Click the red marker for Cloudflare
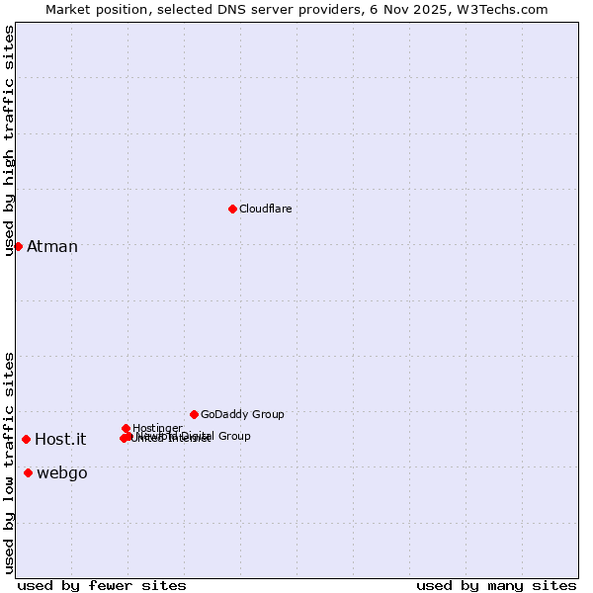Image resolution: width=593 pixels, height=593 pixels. point(232,209)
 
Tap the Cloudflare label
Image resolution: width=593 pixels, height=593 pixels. point(265,209)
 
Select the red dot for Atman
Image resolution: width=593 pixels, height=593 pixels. point(18,246)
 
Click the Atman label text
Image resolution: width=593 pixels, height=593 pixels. point(52,246)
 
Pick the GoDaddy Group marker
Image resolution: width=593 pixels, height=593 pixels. point(194,414)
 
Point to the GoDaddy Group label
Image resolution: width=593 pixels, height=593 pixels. point(242,414)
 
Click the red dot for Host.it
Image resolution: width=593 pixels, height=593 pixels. point(26,439)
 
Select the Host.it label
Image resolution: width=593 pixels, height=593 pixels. point(60,440)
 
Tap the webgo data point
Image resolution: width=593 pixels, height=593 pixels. point(28,473)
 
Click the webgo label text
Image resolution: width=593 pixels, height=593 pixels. point(62,473)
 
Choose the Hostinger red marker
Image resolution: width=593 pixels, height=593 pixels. point(126,428)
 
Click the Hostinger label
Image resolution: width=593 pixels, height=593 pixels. point(157,428)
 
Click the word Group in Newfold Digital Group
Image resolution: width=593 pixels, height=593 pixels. point(234,436)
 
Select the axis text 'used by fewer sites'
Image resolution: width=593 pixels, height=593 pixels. point(102,585)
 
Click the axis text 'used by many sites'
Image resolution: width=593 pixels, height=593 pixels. point(496,585)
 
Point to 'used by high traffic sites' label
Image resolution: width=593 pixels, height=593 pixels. point(9,141)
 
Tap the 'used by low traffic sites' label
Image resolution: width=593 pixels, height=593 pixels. point(9,463)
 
